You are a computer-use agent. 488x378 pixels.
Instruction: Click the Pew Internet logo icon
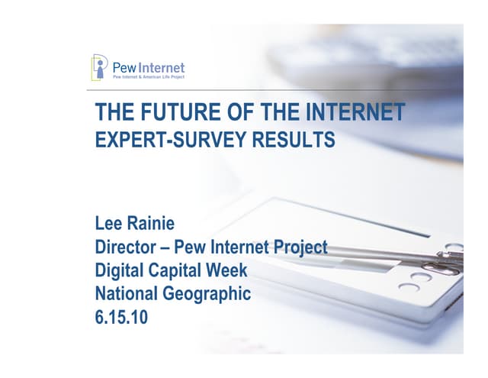pos(100,66)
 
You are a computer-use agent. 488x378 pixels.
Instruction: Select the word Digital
pos(120,270)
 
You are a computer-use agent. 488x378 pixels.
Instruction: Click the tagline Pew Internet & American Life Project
pos(149,77)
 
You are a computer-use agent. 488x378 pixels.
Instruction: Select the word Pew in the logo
pos(124,66)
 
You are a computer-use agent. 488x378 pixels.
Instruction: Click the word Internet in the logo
pos(160,66)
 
